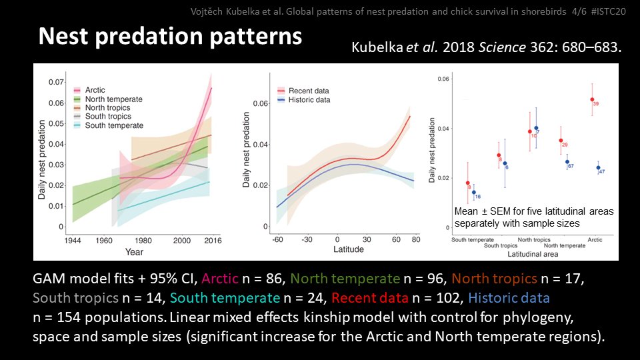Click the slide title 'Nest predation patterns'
tap(170, 37)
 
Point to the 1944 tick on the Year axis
tap(73, 239)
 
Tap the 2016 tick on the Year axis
tap(212, 239)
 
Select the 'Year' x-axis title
tap(134, 251)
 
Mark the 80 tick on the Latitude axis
tap(415, 239)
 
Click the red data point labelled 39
tap(591, 99)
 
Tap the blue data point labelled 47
tap(597, 168)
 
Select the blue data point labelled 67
tap(567, 162)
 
